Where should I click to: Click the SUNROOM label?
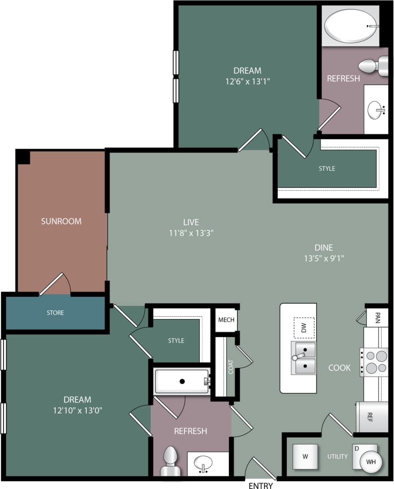tap(61, 221)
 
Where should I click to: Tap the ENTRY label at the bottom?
tap(260, 485)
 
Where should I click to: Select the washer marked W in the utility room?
tap(305, 456)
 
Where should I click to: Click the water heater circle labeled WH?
tap(371, 461)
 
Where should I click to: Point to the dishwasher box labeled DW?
tap(304, 328)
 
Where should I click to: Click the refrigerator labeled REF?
tap(369, 417)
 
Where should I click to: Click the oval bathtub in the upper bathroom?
tap(351, 26)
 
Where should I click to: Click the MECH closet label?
tap(226, 320)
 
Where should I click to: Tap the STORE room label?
tap(55, 313)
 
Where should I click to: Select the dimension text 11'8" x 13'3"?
tap(191, 233)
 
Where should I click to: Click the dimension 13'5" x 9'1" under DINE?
tap(324, 258)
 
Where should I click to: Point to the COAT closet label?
tap(231, 367)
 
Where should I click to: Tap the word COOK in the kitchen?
tap(339, 367)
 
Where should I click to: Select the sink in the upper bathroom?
tap(376, 110)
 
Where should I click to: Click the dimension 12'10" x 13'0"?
tap(77, 410)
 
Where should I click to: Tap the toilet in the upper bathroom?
tap(374, 66)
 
